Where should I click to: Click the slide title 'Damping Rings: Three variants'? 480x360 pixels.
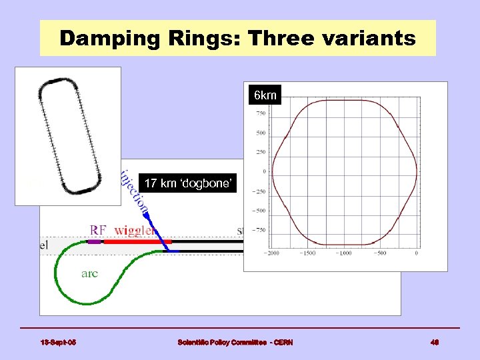(237, 38)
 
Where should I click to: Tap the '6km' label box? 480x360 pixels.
(265, 96)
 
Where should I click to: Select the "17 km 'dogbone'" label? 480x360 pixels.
(187, 183)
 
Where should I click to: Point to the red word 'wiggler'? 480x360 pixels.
(135, 231)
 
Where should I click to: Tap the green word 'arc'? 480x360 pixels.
(89, 273)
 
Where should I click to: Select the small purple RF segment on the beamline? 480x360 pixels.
(94, 241)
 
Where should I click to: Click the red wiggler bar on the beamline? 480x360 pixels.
(137, 241)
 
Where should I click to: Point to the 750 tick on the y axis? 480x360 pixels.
(260, 113)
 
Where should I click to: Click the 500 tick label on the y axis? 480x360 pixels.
(260, 133)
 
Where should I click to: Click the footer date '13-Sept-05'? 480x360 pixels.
(58, 343)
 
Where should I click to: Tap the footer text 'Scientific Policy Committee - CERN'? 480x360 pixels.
(235, 343)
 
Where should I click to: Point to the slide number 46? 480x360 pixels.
(434, 343)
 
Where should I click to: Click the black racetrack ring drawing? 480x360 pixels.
(69, 136)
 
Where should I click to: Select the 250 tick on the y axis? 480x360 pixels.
(260, 152)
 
